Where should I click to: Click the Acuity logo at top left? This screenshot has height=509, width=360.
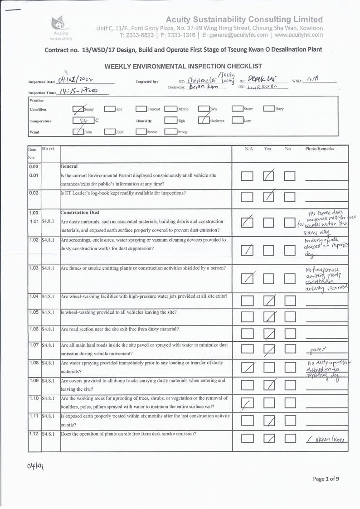60,26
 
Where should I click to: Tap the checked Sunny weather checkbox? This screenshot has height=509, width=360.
78,109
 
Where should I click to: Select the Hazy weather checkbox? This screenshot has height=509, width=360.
269,109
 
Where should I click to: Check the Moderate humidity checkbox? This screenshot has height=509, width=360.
204,121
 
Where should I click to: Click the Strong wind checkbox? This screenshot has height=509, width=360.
170,132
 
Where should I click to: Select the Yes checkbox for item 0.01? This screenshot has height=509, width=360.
268,175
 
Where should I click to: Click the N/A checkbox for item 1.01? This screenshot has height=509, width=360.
247,223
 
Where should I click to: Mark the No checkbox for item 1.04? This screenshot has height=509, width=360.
290,301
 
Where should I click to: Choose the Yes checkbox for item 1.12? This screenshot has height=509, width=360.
268,438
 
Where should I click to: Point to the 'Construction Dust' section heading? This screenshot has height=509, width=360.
80,213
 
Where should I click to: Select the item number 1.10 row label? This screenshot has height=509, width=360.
34,398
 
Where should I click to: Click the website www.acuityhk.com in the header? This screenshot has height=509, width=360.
298,34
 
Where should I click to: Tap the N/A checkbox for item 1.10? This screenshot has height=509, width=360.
247,403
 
